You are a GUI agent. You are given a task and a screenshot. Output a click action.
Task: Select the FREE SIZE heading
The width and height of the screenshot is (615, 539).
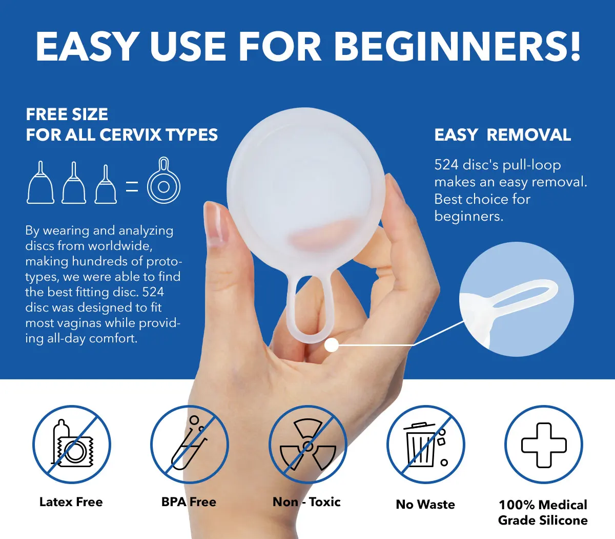click(67, 114)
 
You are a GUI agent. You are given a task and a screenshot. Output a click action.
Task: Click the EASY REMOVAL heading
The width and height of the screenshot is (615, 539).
click(503, 134)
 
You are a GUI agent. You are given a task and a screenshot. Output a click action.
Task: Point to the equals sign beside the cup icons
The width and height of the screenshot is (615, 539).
click(132, 186)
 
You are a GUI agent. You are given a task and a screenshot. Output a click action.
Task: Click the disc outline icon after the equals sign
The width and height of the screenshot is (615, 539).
click(163, 180)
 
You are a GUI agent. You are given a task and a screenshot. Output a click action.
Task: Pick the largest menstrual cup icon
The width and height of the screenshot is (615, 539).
click(40, 182)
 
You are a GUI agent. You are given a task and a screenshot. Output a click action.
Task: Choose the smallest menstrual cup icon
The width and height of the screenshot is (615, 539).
click(106, 184)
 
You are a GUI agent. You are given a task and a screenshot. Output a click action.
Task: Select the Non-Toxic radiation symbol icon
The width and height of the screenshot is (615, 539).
click(307, 445)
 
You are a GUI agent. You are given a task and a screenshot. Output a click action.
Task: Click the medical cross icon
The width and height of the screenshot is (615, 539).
click(544, 445)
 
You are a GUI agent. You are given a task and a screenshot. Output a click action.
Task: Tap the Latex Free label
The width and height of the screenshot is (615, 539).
click(71, 502)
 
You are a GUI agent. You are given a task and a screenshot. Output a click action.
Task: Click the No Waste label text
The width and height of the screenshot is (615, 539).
click(425, 505)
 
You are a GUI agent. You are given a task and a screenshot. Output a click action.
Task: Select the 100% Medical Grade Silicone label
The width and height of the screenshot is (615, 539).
click(543, 512)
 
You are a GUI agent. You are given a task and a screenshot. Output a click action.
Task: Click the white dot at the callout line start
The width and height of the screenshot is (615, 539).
click(332, 345)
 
